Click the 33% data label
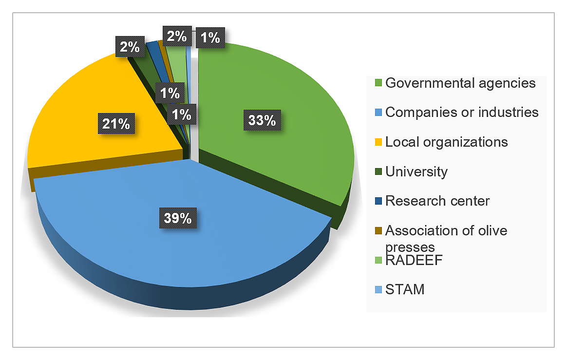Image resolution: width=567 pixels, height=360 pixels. (x=262, y=120)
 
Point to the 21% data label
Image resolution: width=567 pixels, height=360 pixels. (x=116, y=124)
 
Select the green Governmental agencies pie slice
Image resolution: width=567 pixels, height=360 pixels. (x=292, y=146)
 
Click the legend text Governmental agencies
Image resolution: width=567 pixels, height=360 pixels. (x=460, y=83)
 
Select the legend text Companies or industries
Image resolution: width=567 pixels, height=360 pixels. (x=462, y=113)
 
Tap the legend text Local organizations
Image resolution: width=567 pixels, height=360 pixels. (x=446, y=142)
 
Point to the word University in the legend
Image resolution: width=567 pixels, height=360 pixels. (x=416, y=171)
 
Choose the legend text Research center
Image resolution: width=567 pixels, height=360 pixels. (x=437, y=201)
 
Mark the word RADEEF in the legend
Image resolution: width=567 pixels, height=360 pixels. (x=414, y=260)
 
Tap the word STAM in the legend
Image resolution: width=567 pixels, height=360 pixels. (x=405, y=289)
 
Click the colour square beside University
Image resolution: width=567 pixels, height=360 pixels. (x=378, y=172)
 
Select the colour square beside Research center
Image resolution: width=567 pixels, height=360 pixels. (x=378, y=201)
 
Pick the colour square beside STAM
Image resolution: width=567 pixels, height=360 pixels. (x=378, y=290)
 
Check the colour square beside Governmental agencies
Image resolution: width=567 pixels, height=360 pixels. (x=378, y=83)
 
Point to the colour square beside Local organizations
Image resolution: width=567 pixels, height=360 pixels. (x=378, y=142)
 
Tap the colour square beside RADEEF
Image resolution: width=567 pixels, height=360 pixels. (x=378, y=261)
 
